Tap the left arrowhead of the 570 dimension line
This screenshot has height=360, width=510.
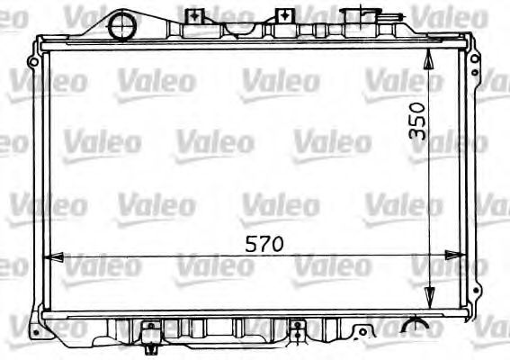(x=52, y=258)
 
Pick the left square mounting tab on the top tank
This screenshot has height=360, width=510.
(x=193, y=16)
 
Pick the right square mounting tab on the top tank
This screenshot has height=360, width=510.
(x=284, y=16)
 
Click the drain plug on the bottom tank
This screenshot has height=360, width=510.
(x=149, y=340)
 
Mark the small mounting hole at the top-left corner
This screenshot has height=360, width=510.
(x=33, y=61)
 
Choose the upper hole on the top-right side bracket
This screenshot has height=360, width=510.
(x=470, y=61)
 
